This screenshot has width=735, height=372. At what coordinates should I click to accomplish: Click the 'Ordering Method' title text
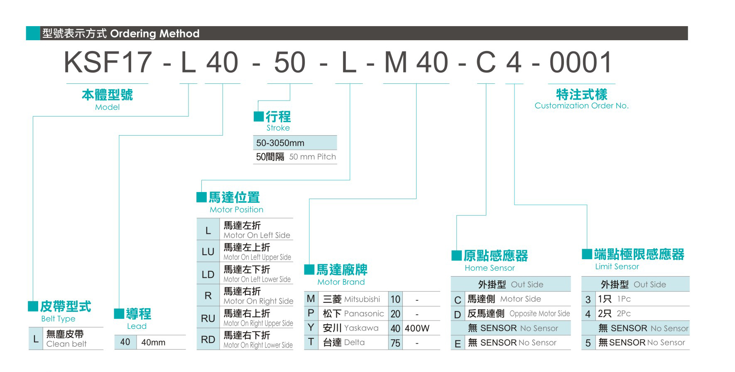pyautogui.click(x=155, y=34)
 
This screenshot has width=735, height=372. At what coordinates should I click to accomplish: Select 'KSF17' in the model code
pyautogui.click(x=108, y=63)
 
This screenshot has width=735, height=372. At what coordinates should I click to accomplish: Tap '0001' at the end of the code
pyautogui.click(x=581, y=63)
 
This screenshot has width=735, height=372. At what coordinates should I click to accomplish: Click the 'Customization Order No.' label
pyautogui.click(x=581, y=106)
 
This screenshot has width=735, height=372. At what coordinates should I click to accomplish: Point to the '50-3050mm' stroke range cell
pyautogui.click(x=280, y=143)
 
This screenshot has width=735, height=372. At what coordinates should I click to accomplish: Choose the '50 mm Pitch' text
pyautogui.click(x=312, y=157)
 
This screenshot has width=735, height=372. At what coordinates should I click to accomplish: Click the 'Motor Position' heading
pyautogui.click(x=236, y=210)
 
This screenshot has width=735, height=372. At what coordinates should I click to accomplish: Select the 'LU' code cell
pyautogui.click(x=208, y=252)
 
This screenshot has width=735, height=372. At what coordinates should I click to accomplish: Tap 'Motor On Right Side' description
pyautogui.click(x=258, y=301)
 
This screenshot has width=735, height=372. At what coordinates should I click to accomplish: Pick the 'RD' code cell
pyautogui.click(x=208, y=340)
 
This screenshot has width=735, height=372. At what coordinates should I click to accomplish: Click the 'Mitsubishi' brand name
pyautogui.click(x=362, y=299)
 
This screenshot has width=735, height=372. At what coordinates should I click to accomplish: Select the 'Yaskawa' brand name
pyautogui.click(x=361, y=328)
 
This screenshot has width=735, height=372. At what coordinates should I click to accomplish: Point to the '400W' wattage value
pyautogui.click(x=417, y=328)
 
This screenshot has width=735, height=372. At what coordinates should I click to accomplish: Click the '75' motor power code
pyautogui.click(x=395, y=343)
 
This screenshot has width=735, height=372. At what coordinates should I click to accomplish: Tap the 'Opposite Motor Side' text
pyautogui.click(x=539, y=314)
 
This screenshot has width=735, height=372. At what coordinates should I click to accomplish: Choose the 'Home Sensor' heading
pyautogui.click(x=490, y=268)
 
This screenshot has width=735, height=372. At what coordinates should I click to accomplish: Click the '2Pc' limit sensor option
pyautogui.click(x=624, y=314)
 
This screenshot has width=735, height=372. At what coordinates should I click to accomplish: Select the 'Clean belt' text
pyautogui.click(x=66, y=344)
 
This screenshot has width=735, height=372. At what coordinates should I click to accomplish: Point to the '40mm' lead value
pyautogui.click(x=153, y=343)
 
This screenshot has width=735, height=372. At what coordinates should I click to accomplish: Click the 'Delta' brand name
pyautogui.click(x=354, y=343)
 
